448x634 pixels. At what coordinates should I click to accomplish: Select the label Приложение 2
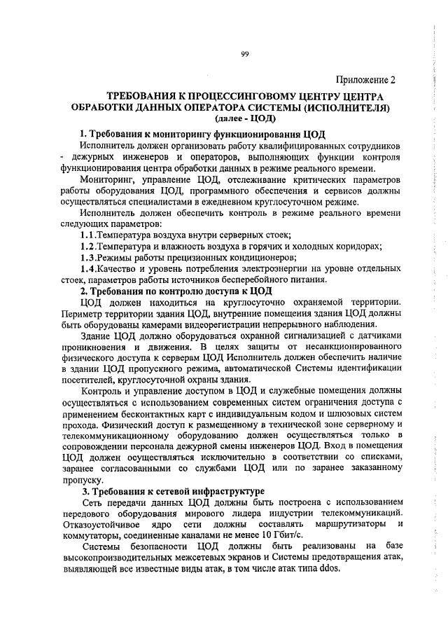click(x=366, y=79)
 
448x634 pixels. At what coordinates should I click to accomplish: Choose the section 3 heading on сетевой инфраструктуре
click(x=172, y=492)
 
